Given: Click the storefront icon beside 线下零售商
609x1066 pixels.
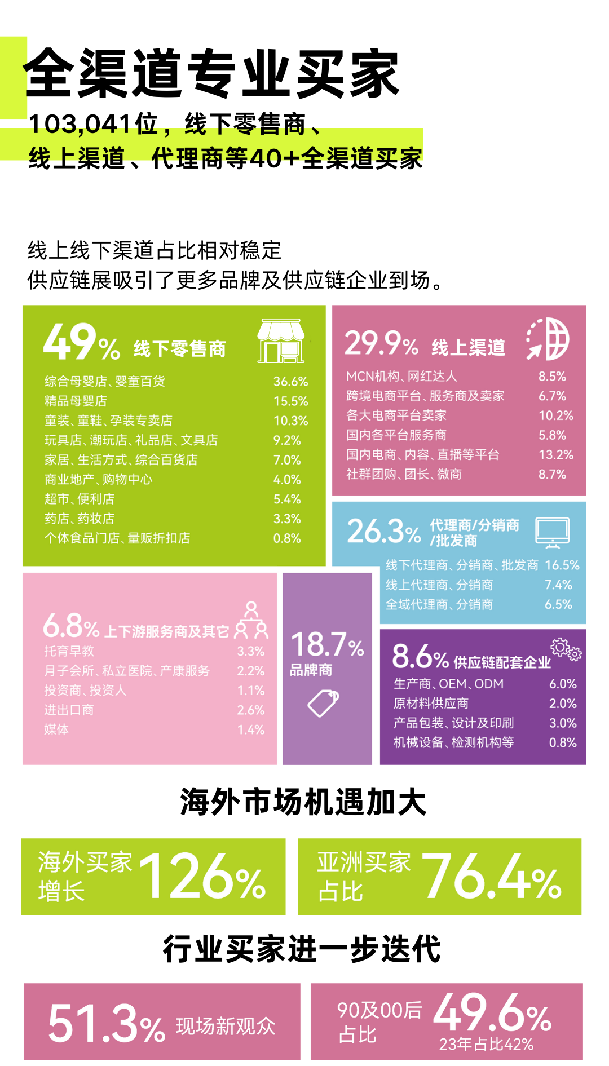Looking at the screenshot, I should click(x=281, y=341).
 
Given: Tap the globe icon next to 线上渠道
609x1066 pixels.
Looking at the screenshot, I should click(x=548, y=338).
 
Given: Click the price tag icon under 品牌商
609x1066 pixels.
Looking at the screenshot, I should click(x=323, y=703).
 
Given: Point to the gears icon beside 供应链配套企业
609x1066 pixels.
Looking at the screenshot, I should click(x=566, y=649).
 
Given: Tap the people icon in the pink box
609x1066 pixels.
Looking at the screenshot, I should click(x=251, y=620).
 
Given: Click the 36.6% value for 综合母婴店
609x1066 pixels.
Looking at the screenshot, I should click(x=290, y=382).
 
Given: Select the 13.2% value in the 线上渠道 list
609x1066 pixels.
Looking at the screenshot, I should click(x=555, y=454).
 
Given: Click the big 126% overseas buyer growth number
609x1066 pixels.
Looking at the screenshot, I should click(x=203, y=877).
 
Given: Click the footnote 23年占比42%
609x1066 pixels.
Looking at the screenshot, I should click(x=486, y=1044).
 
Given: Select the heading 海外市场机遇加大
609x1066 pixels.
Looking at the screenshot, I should click(x=303, y=802).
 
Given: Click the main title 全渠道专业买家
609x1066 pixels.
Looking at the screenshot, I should click(x=211, y=73).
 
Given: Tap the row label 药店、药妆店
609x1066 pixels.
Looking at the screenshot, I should click(x=80, y=519).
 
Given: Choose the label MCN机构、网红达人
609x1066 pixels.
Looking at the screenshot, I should click(x=401, y=376).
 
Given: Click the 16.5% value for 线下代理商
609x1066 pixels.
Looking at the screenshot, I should click(x=562, y=565).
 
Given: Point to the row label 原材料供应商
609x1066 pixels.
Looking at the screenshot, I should click(x=431, y=704).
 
